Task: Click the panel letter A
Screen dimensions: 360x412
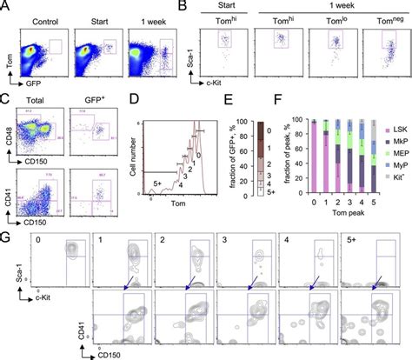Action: point(7,8)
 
